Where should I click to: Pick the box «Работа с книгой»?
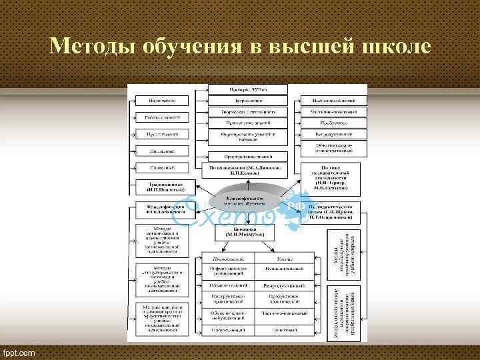click(x=162, y=117)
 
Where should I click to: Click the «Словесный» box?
click(x=162, y=168)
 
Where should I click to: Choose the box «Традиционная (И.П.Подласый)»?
click(x=162, y=188)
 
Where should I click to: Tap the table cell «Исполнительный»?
click(x=285, y=271)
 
